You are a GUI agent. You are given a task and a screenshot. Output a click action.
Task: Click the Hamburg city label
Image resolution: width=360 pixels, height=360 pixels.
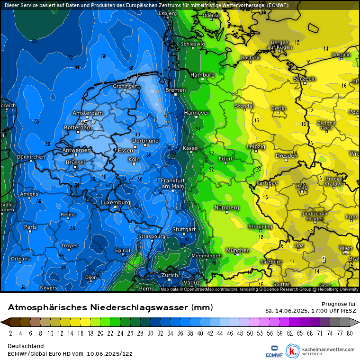(x=202, y=75)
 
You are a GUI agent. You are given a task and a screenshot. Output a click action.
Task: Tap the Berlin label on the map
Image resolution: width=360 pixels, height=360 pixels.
(x=279, y=108)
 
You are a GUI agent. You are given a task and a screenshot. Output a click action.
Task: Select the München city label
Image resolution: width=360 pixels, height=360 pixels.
(x=238, y=250)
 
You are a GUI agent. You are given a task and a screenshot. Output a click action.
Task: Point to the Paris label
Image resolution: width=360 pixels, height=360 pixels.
(x=30, y=227)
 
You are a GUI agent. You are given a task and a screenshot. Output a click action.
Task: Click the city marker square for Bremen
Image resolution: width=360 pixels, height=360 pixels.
(x=175, y=94)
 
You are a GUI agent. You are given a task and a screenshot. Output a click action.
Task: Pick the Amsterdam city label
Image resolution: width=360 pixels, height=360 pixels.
(x=88, y=113)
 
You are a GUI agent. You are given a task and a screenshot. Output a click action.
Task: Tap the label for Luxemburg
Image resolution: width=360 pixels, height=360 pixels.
(x=115, y=203)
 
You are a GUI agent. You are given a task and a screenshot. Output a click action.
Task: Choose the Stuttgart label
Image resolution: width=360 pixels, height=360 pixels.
(x=183, y=229)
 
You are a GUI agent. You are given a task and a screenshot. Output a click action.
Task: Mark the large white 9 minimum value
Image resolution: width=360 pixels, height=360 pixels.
(x=323, y=259)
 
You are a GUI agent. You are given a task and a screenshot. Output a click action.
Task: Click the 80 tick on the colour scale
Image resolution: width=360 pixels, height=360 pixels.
(x=349, y=333)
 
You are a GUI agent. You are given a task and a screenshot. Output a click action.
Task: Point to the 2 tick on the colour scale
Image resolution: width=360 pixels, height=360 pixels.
(x=10, y=333)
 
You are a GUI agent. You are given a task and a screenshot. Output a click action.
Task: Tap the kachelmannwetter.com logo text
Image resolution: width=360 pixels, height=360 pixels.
(x=328, y=350)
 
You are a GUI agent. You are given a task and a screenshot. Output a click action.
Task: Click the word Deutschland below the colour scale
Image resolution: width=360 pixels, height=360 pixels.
(x=26, y=346)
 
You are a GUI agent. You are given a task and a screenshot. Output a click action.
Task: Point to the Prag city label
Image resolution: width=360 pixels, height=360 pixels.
(x=302, y=187)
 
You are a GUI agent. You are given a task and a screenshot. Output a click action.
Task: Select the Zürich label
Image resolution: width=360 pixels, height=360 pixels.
(x=169, y=275)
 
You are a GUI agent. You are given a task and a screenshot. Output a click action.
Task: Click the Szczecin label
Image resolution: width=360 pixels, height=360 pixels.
(x=305, y=79)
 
